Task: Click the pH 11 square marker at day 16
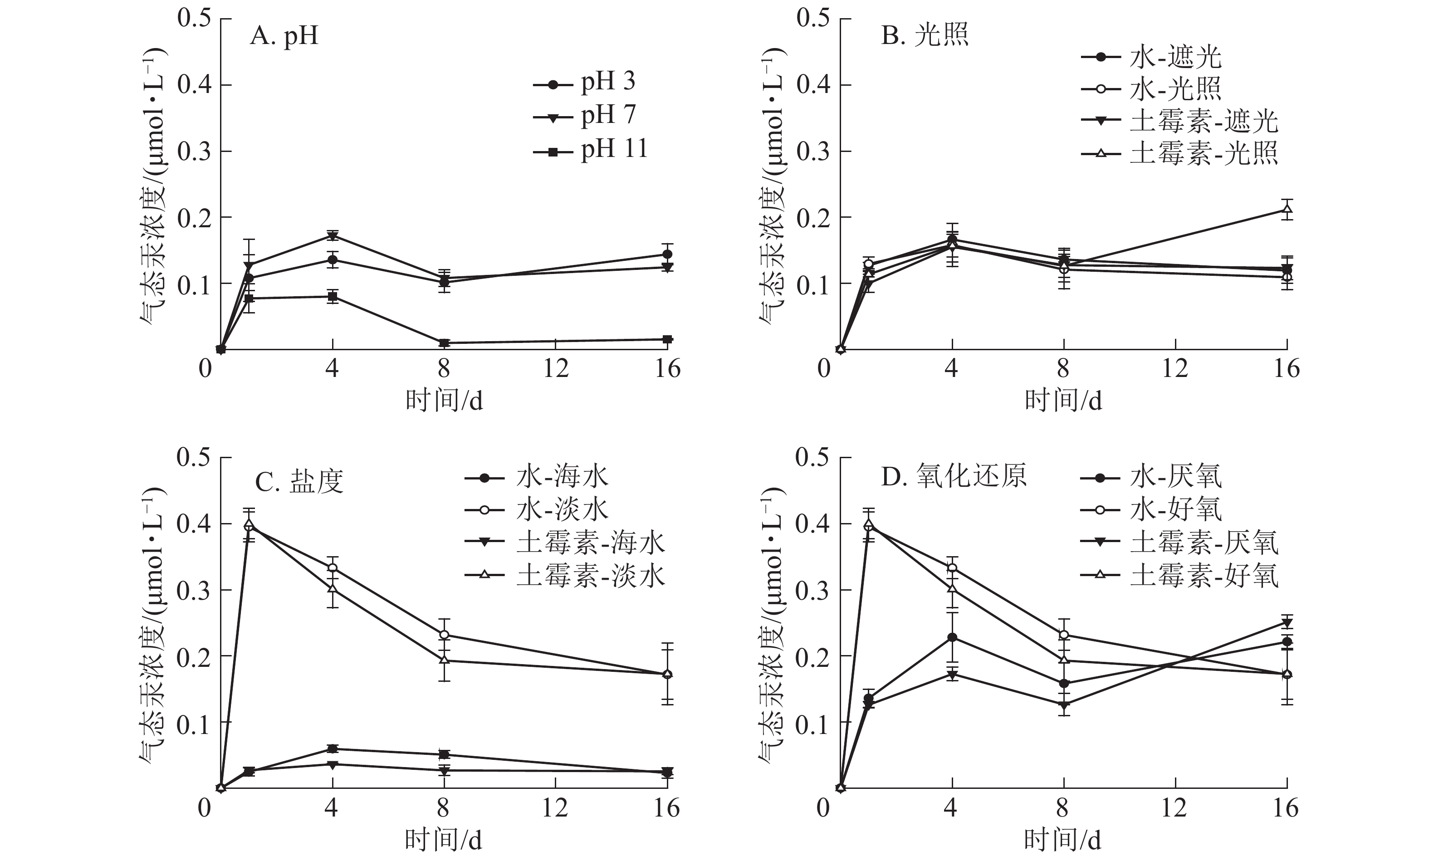tap(667, 339)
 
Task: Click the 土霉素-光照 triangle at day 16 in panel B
tap(1287, 210)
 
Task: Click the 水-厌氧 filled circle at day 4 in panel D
tap(952, 638)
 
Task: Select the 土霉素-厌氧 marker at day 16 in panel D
tap(1287, 623)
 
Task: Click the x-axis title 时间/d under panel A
tap(444, 401)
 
